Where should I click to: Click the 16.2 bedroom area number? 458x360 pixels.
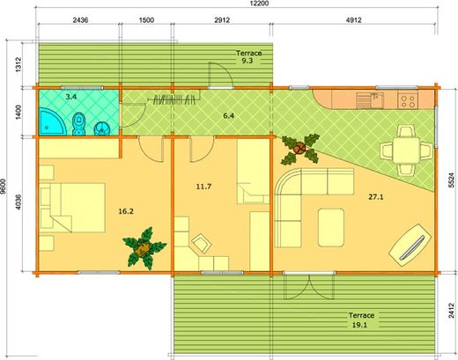[x=125, y=211]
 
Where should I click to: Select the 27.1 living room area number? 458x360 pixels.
[x=379, y=198]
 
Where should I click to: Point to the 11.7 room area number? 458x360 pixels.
[x=205, y=187]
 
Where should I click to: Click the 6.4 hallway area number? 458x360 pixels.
[x=227, y=115]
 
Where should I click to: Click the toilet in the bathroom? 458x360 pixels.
[x=78, y=124]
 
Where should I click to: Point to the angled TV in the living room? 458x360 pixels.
[x=410, y=242]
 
